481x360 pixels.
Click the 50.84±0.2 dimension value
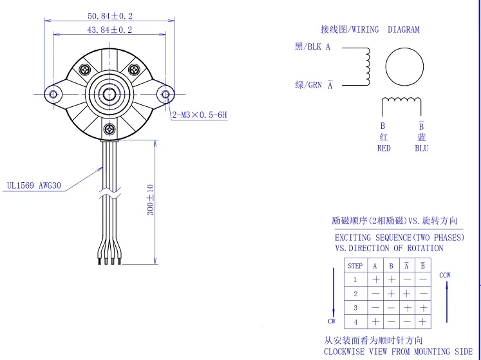pyautogui.click(x=109, y=16)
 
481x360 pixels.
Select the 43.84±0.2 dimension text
pyautogui.click(x=109, y=30)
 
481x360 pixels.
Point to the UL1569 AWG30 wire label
pyautogui.click(x=33, y=185)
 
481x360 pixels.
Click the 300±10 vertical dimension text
pyautogui.click(x=151, y=200)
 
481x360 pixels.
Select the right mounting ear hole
pyautogui.click(x=165, y=95)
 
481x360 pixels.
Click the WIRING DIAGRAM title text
pyautogui.click(x=370, y=30)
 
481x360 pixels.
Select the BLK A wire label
pyautogui.click(x=312, y=47)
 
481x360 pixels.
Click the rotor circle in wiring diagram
pyautogui.click(x=404, y=66)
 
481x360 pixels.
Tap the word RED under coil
pyautogui.click(x=384, y=148)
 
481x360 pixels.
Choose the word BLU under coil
pyautogui.click(x=422, y=148)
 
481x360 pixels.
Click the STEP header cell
pyautogui.click(x=355, y=266)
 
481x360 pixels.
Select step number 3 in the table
pyautogui.click(x=355, y=308)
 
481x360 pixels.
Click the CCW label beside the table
pyautogui.click(x=445, y=275)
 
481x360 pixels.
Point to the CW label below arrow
pyautogui.click(x=332, y=320)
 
